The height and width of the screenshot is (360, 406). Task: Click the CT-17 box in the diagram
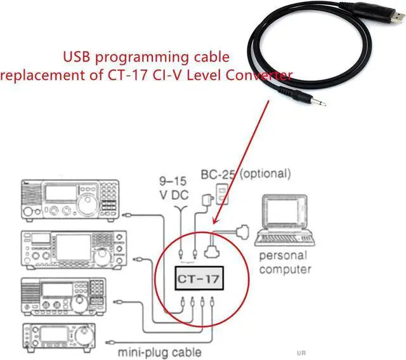(198, 277)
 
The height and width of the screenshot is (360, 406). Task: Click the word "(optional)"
(265, 173)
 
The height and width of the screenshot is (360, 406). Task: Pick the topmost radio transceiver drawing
(70, 200)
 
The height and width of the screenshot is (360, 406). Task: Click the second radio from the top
(70, 249)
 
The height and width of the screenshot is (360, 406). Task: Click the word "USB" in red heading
(77, 58)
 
